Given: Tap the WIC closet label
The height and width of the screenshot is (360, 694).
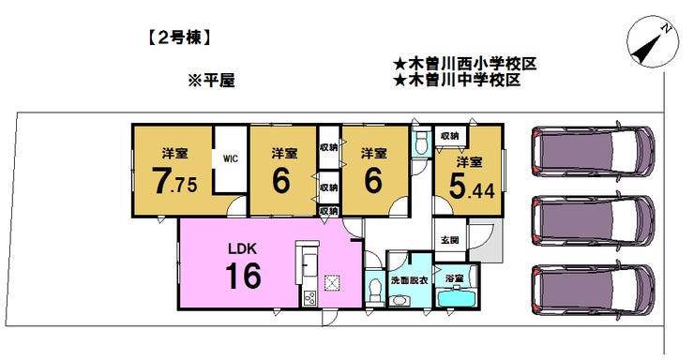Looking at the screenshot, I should [x=230, y=158].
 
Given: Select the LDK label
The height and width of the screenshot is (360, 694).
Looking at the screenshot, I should [x=238, y=249].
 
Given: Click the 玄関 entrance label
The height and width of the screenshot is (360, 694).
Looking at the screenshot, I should [x=449, y=241].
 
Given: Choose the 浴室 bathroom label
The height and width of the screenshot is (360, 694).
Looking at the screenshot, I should [x=456, y=279].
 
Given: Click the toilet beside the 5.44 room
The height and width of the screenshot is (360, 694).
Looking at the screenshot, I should [x=421, y=142].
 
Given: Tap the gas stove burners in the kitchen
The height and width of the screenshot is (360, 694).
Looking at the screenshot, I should [x=309, y=299].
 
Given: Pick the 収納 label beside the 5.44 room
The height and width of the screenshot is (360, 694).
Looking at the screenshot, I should [x=449, y=137].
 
